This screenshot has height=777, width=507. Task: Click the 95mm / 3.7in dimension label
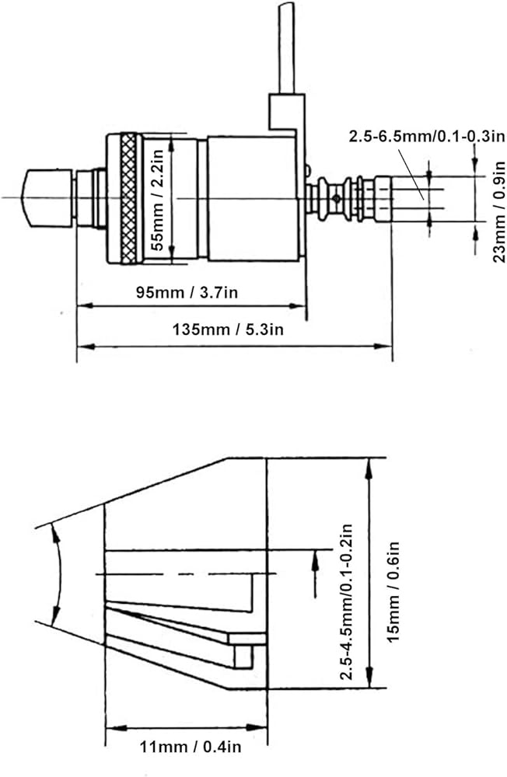click(x=187, y=292)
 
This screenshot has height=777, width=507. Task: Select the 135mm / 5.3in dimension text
click(x=228, y=329)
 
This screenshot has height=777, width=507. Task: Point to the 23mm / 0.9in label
click(x=498, y=212)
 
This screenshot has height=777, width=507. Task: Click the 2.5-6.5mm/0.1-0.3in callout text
click(x=427, y=136)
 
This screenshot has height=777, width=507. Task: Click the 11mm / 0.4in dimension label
click(x=190, y=746)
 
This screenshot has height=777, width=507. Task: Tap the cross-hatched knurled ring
click(x=129, y=198)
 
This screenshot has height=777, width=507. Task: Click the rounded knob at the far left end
click(x=48, y=198)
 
